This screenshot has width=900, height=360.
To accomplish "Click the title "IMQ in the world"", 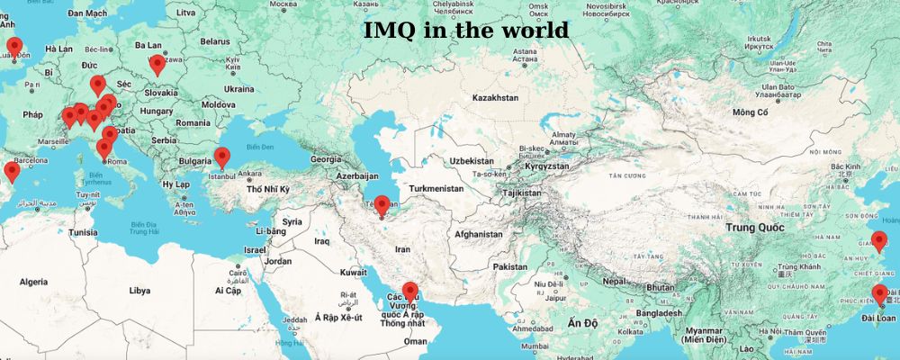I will (466, 31).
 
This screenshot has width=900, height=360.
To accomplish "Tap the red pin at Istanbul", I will (221, 157).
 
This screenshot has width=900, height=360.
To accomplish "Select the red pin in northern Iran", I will (382, 205).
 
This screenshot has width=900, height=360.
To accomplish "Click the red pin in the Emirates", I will (410, 292).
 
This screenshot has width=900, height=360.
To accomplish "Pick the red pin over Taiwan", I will (879, 293).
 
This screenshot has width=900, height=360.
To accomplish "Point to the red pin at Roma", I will (104, 149).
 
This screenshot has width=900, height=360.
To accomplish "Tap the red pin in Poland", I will (157, 64).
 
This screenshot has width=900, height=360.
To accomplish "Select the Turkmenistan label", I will (436, 189).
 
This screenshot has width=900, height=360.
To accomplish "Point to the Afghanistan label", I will (478, 234).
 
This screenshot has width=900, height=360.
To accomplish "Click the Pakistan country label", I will (510, 267).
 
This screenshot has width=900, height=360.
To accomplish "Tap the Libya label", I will (139, 291).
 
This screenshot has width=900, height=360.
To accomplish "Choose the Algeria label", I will (33, 282).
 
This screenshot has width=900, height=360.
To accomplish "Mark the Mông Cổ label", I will (750, 112).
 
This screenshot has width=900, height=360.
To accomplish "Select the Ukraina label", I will (238, 89).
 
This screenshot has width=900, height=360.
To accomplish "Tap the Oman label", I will (415, 341).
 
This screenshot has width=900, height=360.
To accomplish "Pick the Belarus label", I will (215, 41).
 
